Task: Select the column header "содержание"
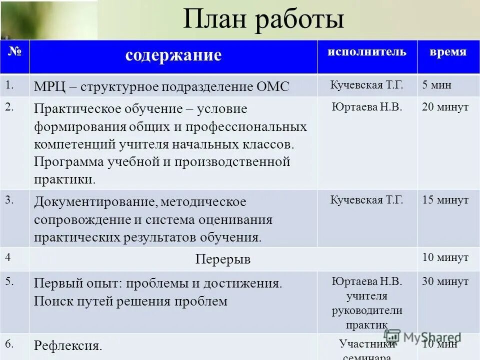[173, 55]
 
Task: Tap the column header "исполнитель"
[367, 52]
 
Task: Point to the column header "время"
[448, 52]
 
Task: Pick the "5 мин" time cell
[436, 84]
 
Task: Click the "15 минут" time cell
[445, 200]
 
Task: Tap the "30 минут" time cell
[445, 281]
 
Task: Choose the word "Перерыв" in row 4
[222, 259]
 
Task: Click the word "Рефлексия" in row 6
[67, 345]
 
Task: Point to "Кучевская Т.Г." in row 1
[366, 84]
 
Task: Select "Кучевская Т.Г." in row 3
[366, 200]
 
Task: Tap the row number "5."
[10, 281]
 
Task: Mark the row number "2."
[10, 106]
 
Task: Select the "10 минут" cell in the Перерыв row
[445, 257]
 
